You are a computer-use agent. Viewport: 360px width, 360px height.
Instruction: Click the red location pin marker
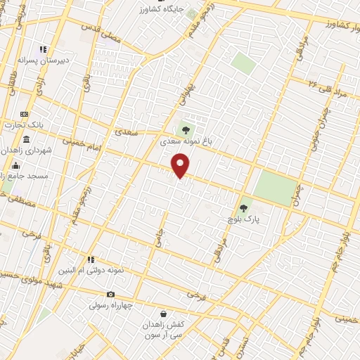point(181,166)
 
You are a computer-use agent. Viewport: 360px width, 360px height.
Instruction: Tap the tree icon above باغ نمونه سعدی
point(186,129)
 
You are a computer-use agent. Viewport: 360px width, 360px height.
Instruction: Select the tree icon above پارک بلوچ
point(243,207)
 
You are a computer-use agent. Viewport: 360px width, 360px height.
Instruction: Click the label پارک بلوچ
point(243,219)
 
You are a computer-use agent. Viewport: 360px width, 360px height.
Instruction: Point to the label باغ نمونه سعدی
point(186,141)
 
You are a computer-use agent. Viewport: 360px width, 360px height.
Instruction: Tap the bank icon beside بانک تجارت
point(25,114)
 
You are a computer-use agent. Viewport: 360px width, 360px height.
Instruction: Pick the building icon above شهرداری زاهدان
point(26,139)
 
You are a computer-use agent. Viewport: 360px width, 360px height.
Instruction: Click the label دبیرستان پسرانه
point(44,61)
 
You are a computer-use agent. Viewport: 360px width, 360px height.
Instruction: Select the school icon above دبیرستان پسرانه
point(44,50)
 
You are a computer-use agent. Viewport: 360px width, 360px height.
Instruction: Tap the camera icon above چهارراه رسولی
point(110,294)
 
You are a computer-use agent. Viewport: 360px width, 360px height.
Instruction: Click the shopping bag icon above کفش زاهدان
point(164,314)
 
